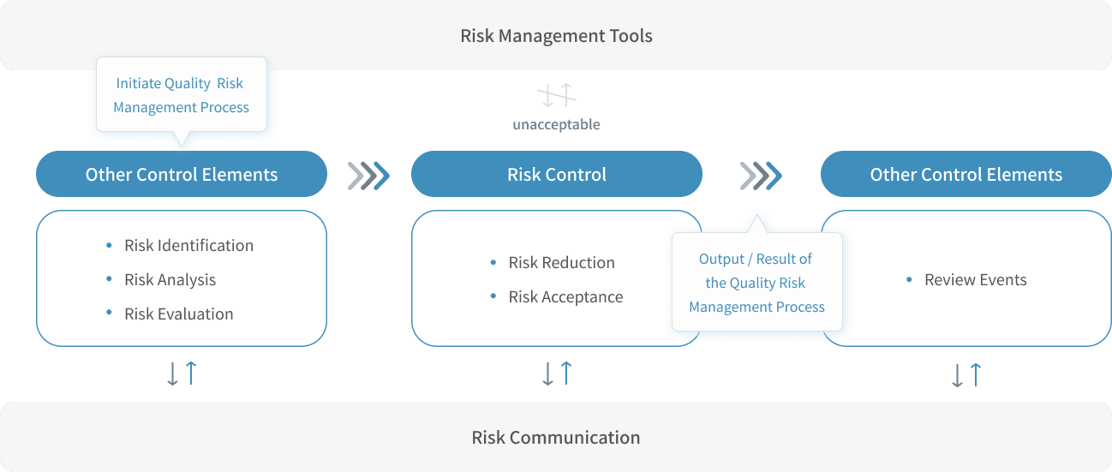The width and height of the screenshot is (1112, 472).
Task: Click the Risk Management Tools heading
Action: click(x=556, y=36)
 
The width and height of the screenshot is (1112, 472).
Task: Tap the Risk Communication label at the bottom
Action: click(x=555, y=437)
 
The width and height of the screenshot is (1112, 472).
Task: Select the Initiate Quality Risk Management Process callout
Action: click(x=182, y=95)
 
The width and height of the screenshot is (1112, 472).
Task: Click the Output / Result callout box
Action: click(x=756, y=283)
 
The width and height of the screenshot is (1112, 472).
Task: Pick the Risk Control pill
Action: click(x=557, y=175)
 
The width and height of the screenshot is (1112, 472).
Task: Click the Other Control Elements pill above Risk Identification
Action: click(x=182, y=175)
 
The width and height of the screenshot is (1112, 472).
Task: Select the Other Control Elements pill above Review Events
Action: click(x=966, y=175)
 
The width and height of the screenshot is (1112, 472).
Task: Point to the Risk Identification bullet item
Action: click(x=188, y=246)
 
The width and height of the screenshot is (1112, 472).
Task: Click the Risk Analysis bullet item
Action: click(x=170, y=280)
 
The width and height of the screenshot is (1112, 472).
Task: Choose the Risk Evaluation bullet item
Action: click(x=178, y=314)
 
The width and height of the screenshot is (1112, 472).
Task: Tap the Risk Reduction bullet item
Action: click(x=561, y=263)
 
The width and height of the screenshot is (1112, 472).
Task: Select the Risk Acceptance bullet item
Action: click(x=565, y=297)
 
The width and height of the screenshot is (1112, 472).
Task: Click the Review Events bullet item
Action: click(x=975, y=280)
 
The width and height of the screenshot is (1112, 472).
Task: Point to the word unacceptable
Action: click(x=557, y=125)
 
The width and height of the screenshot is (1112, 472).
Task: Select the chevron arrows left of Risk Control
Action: click(x=369, y=175)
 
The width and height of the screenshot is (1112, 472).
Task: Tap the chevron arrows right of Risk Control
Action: click(x=761, y=175)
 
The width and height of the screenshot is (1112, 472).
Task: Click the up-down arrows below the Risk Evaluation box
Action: click(x=182, y=373)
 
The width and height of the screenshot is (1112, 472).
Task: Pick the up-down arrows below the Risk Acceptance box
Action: click(x=557, y=373)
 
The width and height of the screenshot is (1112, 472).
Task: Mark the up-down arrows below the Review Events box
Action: click(x=966, y=374)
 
